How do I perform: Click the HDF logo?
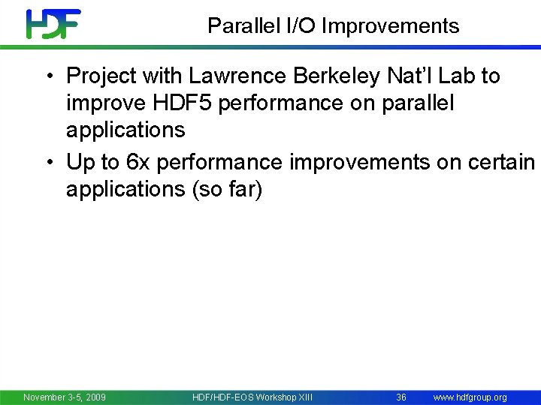click(53, 24)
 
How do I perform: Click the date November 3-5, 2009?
click(65, 397)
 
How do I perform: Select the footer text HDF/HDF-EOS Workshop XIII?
click(252, 397)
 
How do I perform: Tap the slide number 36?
click(401, 397)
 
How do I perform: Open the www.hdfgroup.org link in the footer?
click(470, 397)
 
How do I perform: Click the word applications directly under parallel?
click(125, 130)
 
